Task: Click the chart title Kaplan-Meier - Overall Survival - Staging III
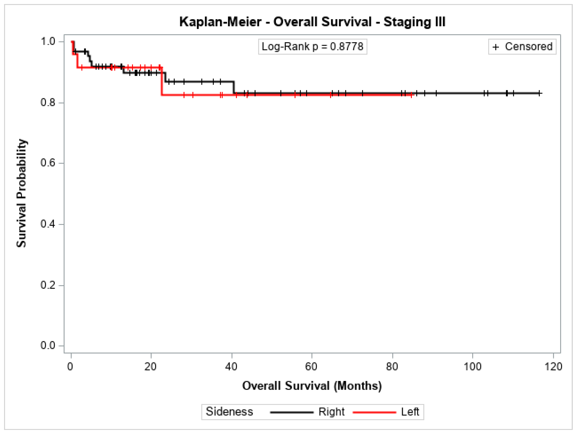tap(312, 22)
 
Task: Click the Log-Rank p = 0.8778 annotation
tap(312, 47)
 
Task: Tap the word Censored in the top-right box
tap(528, 47)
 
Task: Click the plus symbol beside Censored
tap(496, 47)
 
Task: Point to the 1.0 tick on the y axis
tap(48, 41)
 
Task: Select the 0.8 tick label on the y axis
tap(48, 102)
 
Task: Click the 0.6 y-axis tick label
tap(48, 163)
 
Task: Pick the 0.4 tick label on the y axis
tap(48, 224)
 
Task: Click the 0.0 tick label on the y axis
tap(48, 346)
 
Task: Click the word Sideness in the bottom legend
tap(229, 412)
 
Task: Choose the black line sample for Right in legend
tap(292, 412)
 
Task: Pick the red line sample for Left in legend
tap(374, 412)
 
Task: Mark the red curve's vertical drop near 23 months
tap(162, 81)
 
